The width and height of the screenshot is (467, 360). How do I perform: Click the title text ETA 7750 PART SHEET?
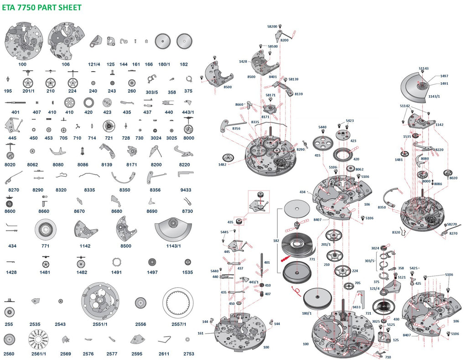(x=42, y=7)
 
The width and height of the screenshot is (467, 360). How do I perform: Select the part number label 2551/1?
(x=100, y=324)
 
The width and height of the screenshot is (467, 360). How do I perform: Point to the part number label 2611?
(x=164, y=354)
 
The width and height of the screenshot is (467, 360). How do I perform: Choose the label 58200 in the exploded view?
(x=272, y=27)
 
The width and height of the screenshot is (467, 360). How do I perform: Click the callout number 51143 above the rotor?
(x=424, y=68)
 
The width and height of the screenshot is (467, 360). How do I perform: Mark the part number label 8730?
(x=187, y=211)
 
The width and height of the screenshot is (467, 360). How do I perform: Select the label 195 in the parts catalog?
(x=8, y=91)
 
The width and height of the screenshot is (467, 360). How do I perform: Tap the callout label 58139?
(x=293, y=79)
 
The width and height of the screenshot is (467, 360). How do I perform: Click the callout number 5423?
(x=350, y=121)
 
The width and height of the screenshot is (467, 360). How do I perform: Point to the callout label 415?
(x=317, y=156)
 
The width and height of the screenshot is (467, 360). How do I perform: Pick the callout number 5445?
(x=224, y=232)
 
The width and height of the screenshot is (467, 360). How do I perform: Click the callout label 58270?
(x=452, y=224)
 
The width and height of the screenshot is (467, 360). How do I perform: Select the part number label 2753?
(x=188, y=354)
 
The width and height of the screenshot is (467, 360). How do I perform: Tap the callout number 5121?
(x=401, y=277)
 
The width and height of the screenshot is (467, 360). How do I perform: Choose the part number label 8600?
(x=10, y=211)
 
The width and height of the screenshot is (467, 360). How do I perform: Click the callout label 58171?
(x=271, y=95)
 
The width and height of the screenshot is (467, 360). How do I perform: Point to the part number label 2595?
(x=137, y=354)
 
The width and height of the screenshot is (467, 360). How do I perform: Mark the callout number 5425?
(x=414, y=268)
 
